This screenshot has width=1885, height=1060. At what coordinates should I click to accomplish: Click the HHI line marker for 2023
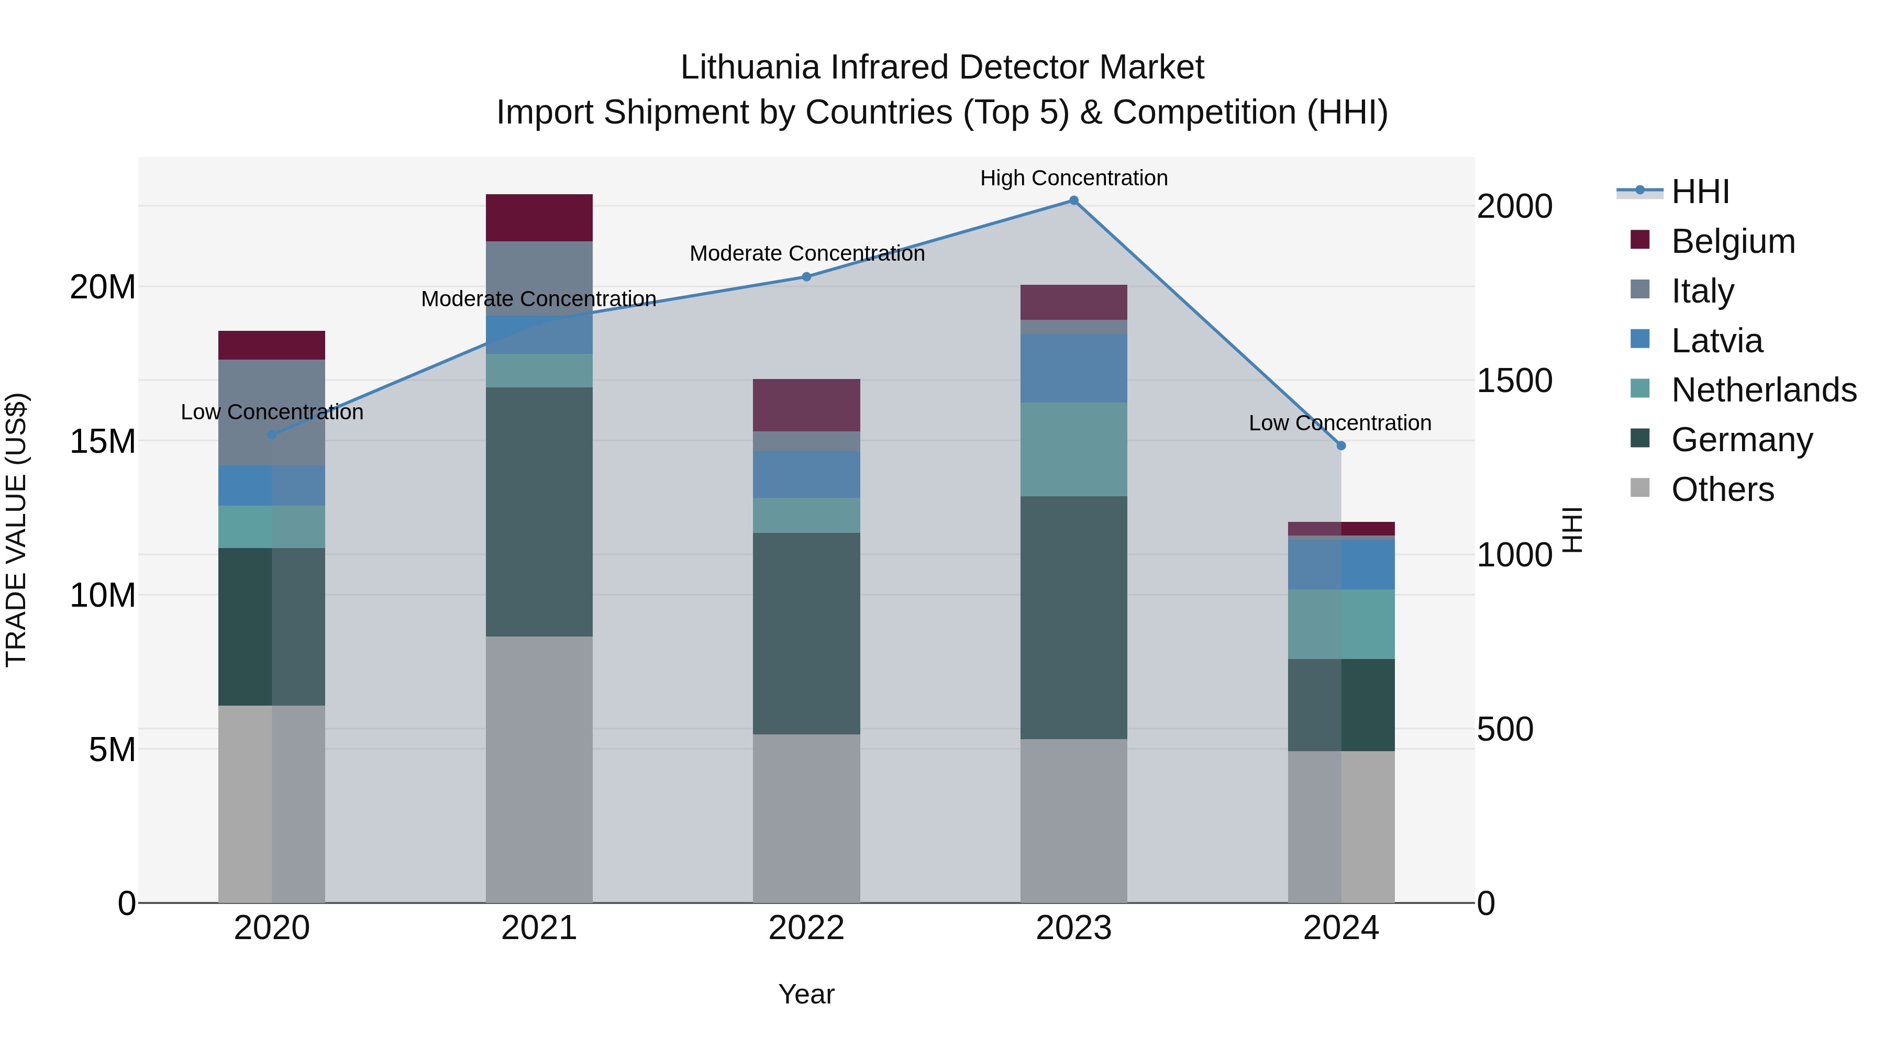[x=1073, y=200]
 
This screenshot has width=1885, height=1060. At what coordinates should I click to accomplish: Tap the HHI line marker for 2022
[x=806, y=276]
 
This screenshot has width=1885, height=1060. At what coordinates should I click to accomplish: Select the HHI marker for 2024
[x=1340, y=445]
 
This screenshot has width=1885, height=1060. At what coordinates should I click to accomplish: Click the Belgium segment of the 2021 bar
[x=539, y=217]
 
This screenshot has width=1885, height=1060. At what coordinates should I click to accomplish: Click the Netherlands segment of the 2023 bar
[x=1073, y=449]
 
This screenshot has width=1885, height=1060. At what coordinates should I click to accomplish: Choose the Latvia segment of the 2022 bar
[x=806, y=474]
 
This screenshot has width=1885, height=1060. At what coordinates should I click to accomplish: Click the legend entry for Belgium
[x=1733, y=241]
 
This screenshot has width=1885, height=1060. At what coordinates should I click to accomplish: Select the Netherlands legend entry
[x=1764, y=390]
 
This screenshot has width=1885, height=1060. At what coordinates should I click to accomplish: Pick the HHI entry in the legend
[x=1700, y=192]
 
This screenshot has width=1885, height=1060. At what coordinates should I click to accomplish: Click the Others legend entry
[x=1723, y=489]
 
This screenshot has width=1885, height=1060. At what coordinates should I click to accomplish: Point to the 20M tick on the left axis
[x=103, y=287]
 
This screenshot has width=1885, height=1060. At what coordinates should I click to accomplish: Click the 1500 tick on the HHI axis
[x=1514, y=381]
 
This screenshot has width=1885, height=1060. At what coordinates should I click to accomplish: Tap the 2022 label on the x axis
[x=806, y=928]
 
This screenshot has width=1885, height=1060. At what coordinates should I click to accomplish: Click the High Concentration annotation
[x=1073, y=178]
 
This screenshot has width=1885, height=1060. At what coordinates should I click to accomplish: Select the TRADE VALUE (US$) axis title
[x=16, y=530]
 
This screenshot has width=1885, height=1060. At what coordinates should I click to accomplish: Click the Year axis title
[x=806, y=994]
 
